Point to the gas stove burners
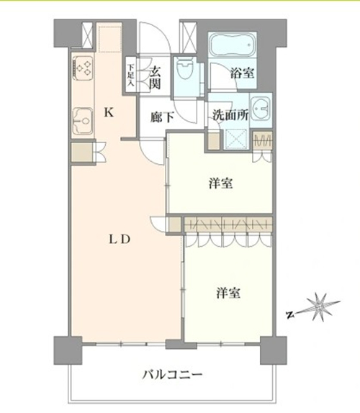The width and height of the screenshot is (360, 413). [x=83, y=68]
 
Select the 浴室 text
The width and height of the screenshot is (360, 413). [x=242, y=73]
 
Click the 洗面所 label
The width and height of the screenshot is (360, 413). [x=230, y=115]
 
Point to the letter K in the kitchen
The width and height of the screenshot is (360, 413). [x=109, y=113]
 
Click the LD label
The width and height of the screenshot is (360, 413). [x=120, y=240]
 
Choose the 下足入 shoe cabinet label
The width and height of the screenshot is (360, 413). [x=130, y=75]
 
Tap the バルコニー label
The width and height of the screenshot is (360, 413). [x=172, y=374]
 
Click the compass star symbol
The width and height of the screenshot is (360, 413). [x=320, y=307]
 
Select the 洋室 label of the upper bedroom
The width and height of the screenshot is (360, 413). [x=221, y=183]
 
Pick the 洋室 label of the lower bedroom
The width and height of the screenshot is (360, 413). [x=228, y=293]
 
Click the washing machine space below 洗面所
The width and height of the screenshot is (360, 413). [x=236, y=140]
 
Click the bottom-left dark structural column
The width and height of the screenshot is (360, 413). [x=68, y=350]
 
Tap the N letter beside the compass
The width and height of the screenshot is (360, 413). [x=290, y=314]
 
